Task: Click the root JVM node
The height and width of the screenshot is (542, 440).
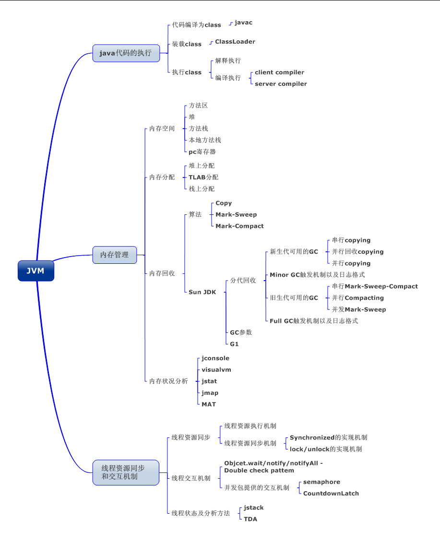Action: pyautogui.click(x=36, y=271)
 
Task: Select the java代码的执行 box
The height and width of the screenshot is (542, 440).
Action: pyautogui.click(x=126, y=53)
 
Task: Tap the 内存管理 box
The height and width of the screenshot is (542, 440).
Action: pyautogui.click(x=114, y=255)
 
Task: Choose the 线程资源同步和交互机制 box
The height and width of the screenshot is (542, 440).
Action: pyautogui.click(x=125, y=472)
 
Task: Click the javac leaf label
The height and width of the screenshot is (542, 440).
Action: pyautogui.click(x=243, y=23)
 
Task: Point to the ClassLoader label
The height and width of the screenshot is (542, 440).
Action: pyautogui.click(x=235, y=42)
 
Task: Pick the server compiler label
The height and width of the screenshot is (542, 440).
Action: pyautogui.click(x=281, y=84)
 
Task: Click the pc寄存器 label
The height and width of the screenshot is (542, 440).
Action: pyautogui.click(x=202, y=152)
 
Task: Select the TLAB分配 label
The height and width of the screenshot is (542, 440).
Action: pyautogui.click(x=203, y=177)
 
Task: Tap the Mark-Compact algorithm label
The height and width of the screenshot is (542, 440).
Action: pyautogui.click(x=239, y=226)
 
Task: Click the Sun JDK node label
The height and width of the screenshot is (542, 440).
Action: pyautogui.click(x=202, y=292)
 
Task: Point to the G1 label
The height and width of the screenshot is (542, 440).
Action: pyautogui.click(x=234, y=344)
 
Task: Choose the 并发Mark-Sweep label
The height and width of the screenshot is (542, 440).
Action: pyautogui.click(x=359, y=309)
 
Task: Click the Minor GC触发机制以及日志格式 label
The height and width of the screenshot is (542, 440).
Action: pyautogui.click(x=317, y=275)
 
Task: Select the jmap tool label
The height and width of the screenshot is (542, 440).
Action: pyautogui.click(x=210, y=393)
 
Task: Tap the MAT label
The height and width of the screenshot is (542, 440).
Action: pyautogui.click(x=209, y=404)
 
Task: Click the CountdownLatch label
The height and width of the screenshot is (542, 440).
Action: pyautogui.click(x=331, y=493)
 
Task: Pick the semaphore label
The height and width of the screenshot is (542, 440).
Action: pyautogui.click(x=321, y=482)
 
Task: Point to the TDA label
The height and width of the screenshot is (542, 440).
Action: pyautogui.click(x=250, y=519)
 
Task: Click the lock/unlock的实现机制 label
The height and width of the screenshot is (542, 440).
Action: pyautogui.click(x=326, y=449)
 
